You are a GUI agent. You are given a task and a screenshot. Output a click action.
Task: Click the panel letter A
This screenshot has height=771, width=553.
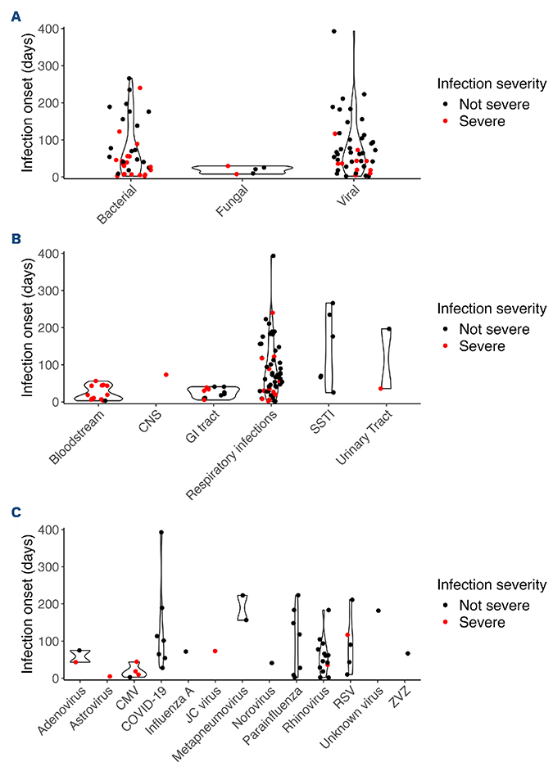[16, 16]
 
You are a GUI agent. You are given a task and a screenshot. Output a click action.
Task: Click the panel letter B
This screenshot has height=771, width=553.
[16, 240]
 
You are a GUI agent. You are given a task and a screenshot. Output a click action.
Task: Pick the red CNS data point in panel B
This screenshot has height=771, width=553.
[166, 375]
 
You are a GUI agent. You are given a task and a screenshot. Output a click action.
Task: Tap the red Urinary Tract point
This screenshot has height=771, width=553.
[381, 388]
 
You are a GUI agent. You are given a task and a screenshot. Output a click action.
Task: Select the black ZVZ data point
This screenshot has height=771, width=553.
[407, 653]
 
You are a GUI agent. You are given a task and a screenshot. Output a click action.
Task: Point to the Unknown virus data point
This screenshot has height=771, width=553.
[378, 611]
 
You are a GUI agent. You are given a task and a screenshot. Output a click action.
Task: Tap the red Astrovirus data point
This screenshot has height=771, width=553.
[110, 676]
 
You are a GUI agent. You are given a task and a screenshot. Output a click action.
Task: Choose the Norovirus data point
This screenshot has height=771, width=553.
[271, 663]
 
